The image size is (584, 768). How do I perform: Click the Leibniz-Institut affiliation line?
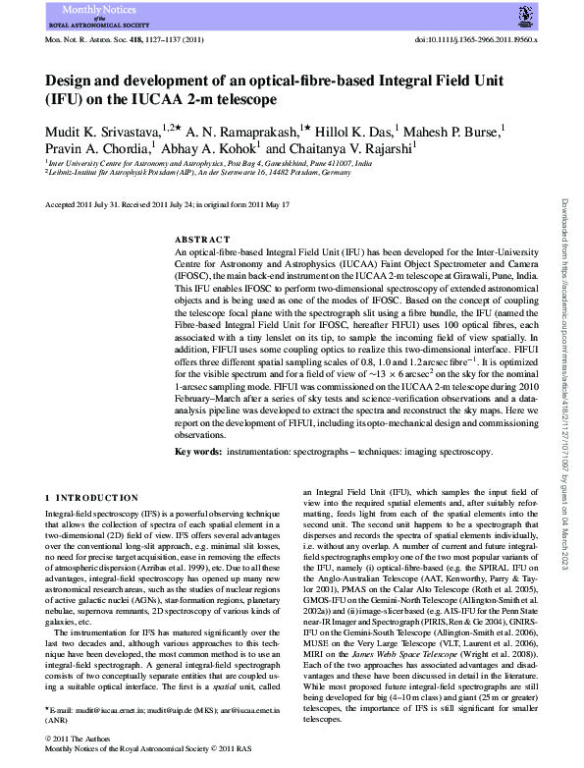tap(186, 171)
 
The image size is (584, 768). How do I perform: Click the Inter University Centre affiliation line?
tap(210, 162)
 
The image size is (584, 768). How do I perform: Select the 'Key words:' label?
tap(197, 451)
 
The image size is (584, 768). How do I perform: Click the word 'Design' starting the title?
tap(70, 82)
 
